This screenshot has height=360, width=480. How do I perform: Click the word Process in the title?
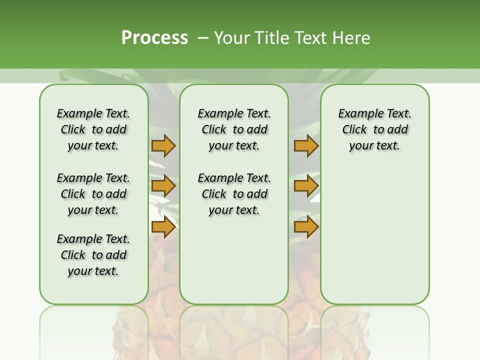[x=154, y=37]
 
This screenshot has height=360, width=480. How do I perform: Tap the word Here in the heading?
[x=352, y=38]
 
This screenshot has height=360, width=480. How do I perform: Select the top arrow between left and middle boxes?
[x=163, y=145]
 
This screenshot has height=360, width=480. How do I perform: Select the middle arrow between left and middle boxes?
[x=163, y=186]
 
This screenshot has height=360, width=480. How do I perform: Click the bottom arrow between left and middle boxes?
[x=163, y=227]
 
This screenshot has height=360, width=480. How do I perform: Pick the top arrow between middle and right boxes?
[x=306, y=145]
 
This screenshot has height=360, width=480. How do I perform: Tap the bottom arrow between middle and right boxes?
[x=306, y=227]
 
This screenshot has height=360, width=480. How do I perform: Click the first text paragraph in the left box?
[x=93, y=129]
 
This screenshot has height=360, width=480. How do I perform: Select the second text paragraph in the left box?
[x=93, y=194]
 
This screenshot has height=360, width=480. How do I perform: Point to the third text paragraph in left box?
[x=93, y=255]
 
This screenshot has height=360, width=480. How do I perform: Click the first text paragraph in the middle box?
[x=234, y=129]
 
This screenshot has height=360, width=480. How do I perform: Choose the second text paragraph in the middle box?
[x=234, y=194]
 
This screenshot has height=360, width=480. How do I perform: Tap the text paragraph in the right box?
[x=374, y=129]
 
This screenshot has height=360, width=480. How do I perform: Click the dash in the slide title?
[x=202, y=38]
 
